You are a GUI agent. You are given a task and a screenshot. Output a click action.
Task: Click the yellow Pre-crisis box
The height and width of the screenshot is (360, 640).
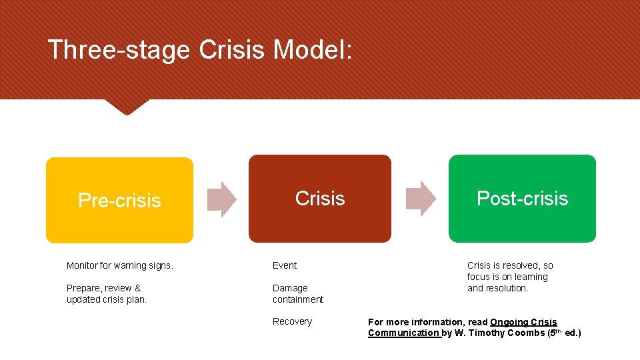click(x=119, y=200)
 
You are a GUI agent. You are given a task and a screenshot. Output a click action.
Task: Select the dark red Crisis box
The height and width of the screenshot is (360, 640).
click(x=320, y=199)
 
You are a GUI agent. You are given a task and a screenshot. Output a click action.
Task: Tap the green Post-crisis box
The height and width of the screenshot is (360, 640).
click(x=522, y=199)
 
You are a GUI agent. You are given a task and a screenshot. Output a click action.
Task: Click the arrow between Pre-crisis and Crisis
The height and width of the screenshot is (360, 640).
click(x=221, y=199)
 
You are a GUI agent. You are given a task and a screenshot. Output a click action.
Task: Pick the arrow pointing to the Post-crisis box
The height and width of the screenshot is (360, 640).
click(x=420, y=199)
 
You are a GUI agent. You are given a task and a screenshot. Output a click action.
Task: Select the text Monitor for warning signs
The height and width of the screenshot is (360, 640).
click(x=120, y=265)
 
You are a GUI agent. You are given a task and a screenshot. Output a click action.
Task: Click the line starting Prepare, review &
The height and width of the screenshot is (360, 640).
click(x=104, y=288)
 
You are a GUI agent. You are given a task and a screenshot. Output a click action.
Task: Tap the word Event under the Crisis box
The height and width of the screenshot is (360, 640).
click(x=285, y=265)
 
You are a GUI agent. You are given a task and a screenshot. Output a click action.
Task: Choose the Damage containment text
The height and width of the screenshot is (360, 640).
click(x=297, y=294)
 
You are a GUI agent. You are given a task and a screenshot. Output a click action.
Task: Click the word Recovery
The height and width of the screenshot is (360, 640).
click(x=292, y=321)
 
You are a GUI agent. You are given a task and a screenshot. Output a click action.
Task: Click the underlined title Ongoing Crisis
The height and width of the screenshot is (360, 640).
click(x=523, y=322)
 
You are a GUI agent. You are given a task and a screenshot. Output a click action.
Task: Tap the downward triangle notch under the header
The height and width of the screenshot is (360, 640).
click(x=127, y=106)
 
